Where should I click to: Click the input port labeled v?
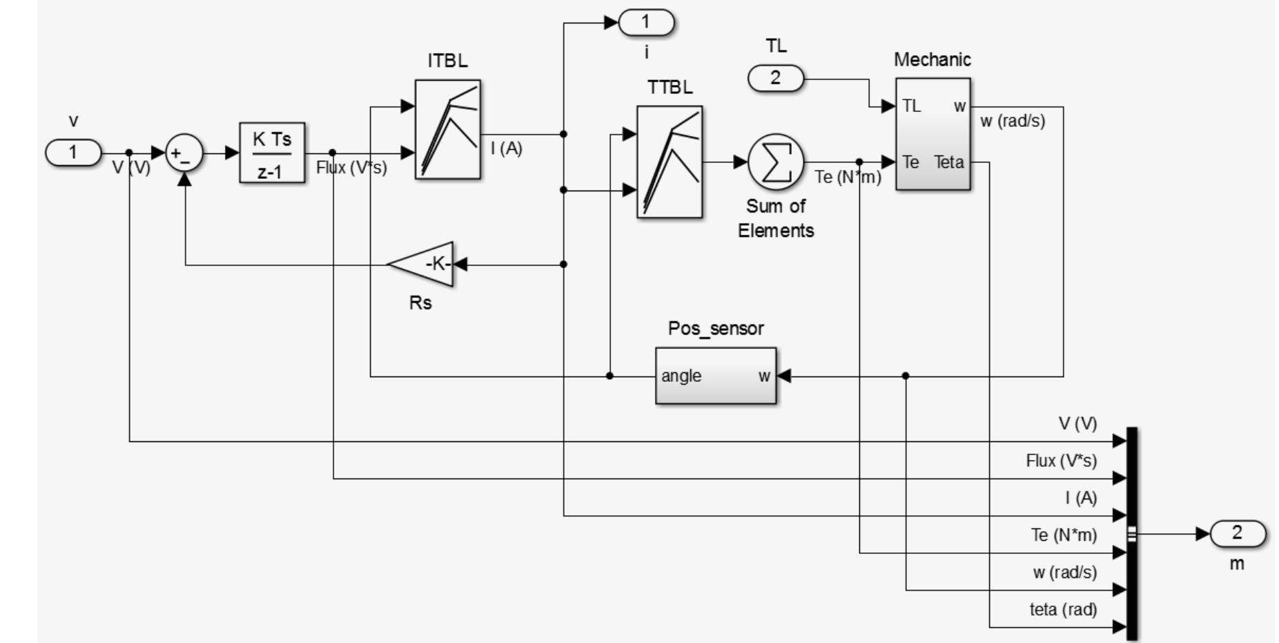click(73, 153)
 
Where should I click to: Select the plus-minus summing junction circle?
click(184, 153)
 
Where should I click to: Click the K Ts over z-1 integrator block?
click(272, 153)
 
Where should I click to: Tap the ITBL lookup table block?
click(447, 129)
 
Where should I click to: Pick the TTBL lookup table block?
click(669, 162)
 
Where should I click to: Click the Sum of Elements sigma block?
click(776, 162)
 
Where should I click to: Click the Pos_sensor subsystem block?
click(715, 376)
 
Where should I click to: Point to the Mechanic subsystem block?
click(933, 134)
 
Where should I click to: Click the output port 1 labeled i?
click(646, 23)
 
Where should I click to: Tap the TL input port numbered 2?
click(776, 79)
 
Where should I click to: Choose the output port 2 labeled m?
click(1238, 534)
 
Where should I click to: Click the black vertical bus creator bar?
click(1131, 533)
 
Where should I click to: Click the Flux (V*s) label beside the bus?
click(1061, 461)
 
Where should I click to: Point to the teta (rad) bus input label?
click(1063, 609)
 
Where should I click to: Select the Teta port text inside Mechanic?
click(949, 162)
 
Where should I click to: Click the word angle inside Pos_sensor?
click(681, 376)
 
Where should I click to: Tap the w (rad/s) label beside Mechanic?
click(1013, 121)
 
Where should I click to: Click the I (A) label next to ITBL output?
click(507, 148)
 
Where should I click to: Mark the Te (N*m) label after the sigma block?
click(848, 177)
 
